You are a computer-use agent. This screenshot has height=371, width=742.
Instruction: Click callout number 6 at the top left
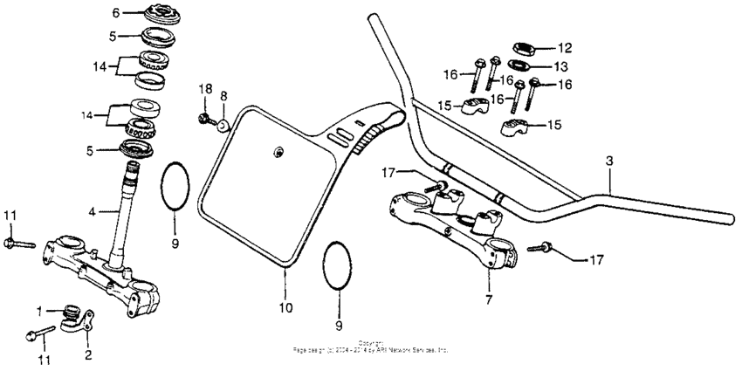point(115,13)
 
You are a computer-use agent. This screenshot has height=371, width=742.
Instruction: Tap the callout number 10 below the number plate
point(285,307)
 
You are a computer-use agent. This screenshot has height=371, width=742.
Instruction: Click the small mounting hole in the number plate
point(278,153)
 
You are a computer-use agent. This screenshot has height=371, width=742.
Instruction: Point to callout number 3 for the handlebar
point(608,162)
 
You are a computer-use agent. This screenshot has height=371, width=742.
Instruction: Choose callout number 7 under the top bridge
point(488,299)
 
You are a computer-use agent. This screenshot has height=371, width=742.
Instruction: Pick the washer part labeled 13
point(521,65)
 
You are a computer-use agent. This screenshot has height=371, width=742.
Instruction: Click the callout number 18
point(204,89)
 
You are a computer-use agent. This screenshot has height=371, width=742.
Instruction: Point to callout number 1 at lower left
point(38,311)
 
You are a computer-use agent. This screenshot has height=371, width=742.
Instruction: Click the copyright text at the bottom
point(371,347)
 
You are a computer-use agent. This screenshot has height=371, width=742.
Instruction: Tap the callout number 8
point(223,95)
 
